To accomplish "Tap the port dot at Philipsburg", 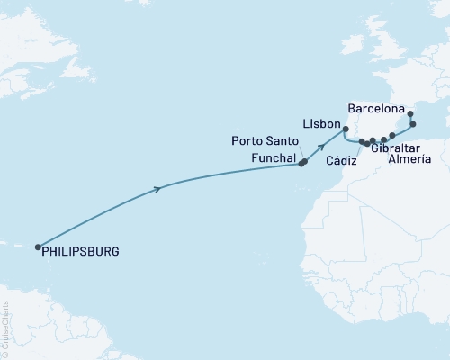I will [x=38, y=247].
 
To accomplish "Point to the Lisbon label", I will [x=319, y=121].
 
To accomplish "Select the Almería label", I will [x=408, y=159].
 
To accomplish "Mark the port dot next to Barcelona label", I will [x=410, y=114].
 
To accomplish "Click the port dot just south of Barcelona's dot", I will [x=412, y=124].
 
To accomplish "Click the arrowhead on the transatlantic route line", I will [x=159, y=188].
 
